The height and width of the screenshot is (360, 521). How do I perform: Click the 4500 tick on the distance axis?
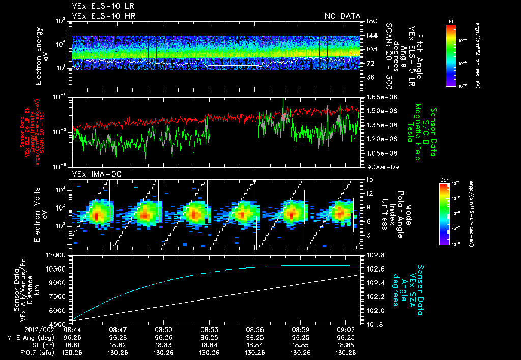point(60,324)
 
